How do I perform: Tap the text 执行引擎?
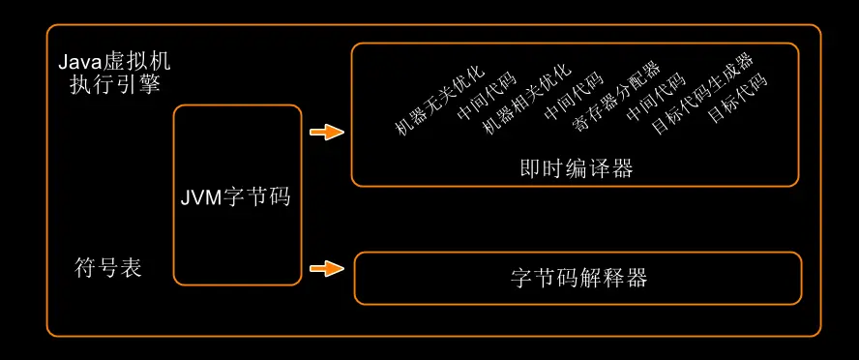[x=108, y=85]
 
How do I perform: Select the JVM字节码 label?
[x=236, y=196]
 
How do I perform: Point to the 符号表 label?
[x=108, y=268]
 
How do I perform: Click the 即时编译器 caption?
[x=577, y=168]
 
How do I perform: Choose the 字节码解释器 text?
[x=578, y=279]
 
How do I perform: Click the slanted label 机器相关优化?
[x=526, y=102]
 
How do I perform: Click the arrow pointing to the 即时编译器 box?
[x=327, y=133]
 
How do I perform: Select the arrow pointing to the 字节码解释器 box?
[x=327, y=268]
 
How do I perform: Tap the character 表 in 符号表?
[x=132, y=268]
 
